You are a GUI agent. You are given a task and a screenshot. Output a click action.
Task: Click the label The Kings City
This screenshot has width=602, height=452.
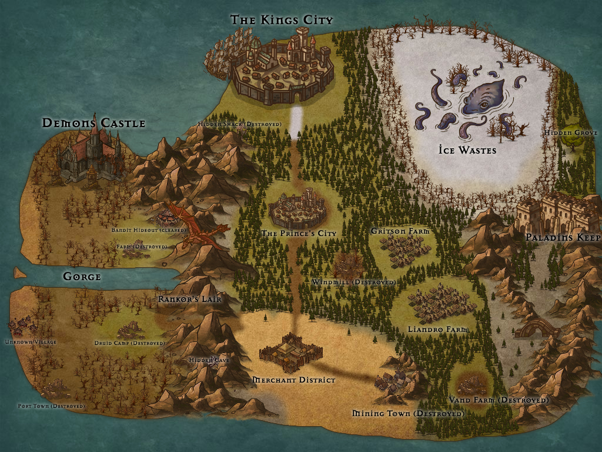pos(282,20)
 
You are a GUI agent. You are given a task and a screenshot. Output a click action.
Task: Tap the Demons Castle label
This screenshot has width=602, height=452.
pos(93,123)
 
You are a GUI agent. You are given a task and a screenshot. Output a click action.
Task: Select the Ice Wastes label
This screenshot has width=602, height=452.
pos(467,150)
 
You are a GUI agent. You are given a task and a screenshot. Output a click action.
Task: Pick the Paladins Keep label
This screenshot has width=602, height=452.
pos(563,238)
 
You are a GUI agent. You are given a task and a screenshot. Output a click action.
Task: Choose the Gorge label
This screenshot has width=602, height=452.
pos(82,277)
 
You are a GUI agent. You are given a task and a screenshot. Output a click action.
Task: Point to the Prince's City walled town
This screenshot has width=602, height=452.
pos(297,210)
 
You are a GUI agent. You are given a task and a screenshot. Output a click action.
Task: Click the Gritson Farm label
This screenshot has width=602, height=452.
pos(400,231)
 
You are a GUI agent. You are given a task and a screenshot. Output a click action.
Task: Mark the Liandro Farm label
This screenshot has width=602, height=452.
pos(437,330)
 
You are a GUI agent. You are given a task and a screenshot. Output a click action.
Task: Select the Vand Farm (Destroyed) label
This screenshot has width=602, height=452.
pos(499,400)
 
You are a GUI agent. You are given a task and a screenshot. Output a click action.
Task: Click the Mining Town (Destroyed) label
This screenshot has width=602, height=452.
pos(407,414)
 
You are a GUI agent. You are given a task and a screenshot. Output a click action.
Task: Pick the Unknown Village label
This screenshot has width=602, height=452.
pos(31,343)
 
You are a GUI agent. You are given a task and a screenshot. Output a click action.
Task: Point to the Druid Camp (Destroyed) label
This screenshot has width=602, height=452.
pos(129,343)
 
